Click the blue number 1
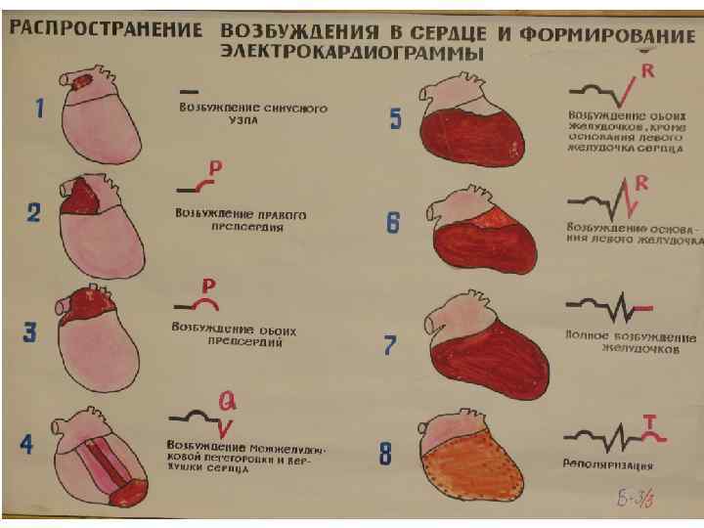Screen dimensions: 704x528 coord(39,109)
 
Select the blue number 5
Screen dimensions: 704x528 coord(395,119)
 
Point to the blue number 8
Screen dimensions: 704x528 coord(387,454)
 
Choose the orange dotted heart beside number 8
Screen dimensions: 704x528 coord(471,460)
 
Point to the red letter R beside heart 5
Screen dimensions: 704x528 coord(647,73)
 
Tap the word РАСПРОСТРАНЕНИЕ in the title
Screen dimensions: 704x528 coord(107,27)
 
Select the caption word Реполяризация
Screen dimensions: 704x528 coord(609,465)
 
